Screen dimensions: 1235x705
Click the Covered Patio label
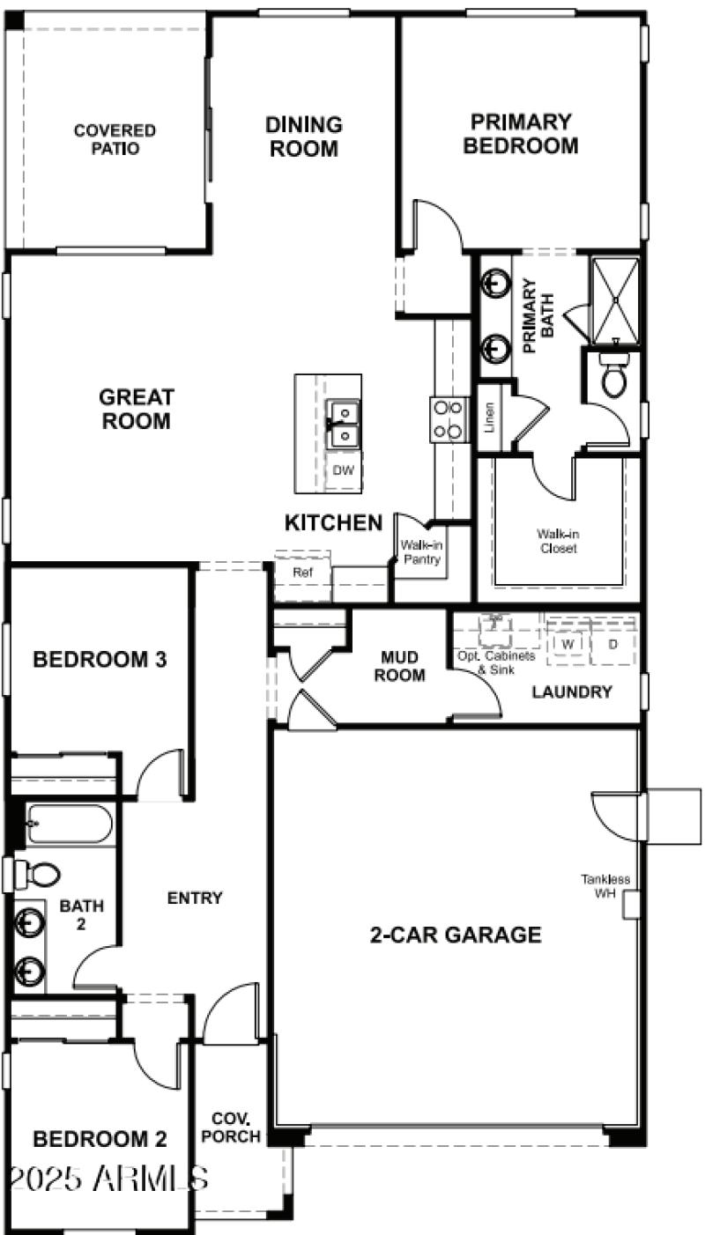point(115,139)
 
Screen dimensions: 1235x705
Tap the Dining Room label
point(303,137)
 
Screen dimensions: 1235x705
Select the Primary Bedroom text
point(520,134)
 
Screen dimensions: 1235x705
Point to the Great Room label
point(136,410)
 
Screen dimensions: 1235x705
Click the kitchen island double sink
point(343,424)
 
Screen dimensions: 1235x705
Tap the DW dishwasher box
point(343,470)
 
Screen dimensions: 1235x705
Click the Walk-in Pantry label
point(420,552)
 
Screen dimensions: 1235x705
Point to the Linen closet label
point(489,418)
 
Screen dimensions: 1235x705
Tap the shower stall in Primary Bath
point(613,300)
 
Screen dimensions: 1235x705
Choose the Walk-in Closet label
point(558,541)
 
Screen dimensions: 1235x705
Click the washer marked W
point(568,645)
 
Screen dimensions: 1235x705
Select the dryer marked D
point(613,645)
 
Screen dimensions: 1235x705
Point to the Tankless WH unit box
point(630,905)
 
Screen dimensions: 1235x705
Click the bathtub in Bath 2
point(69,825)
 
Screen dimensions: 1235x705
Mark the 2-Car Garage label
point(455,935)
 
